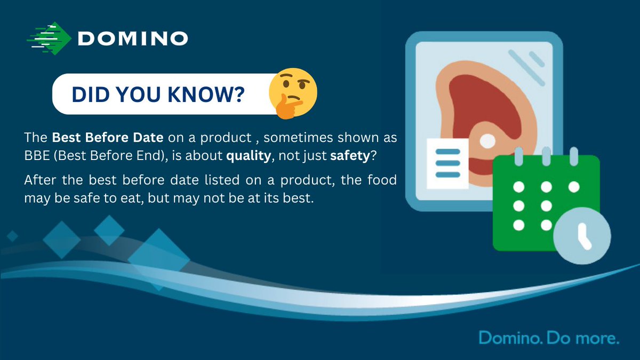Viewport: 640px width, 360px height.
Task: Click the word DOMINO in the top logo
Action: [x=132, y=38]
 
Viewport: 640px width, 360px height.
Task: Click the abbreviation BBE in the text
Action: [x=36, y=157]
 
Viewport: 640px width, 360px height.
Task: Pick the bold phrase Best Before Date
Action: [x=107, y=138]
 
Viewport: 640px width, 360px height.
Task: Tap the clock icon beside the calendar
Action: [x=582, y=235]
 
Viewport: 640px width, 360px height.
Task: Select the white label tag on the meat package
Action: [x=447, y=163]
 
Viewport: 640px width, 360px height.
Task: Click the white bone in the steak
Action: [x=488, y=140]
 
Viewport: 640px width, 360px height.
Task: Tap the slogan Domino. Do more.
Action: [x=548, y=338]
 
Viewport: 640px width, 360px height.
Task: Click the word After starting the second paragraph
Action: [x=39, y=180]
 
